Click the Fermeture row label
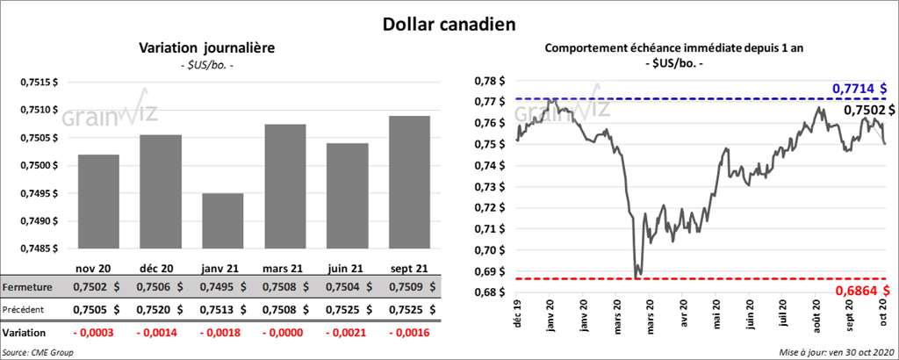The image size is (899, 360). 27,287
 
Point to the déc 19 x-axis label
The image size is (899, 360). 518,314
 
